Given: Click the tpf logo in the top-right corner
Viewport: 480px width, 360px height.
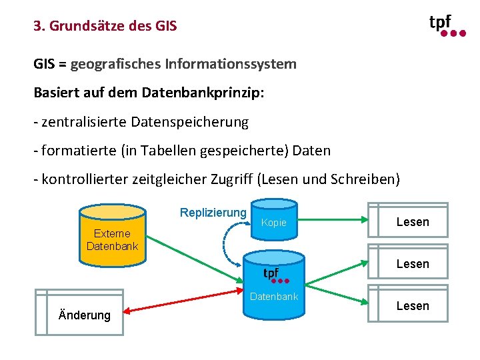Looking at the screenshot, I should (446, 25).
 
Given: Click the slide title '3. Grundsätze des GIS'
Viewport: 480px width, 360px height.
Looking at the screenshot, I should (105, 27).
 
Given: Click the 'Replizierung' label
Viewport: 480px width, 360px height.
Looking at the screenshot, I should (213, 213).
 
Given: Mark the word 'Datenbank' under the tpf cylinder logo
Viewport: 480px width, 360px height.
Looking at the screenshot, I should (273, 297).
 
